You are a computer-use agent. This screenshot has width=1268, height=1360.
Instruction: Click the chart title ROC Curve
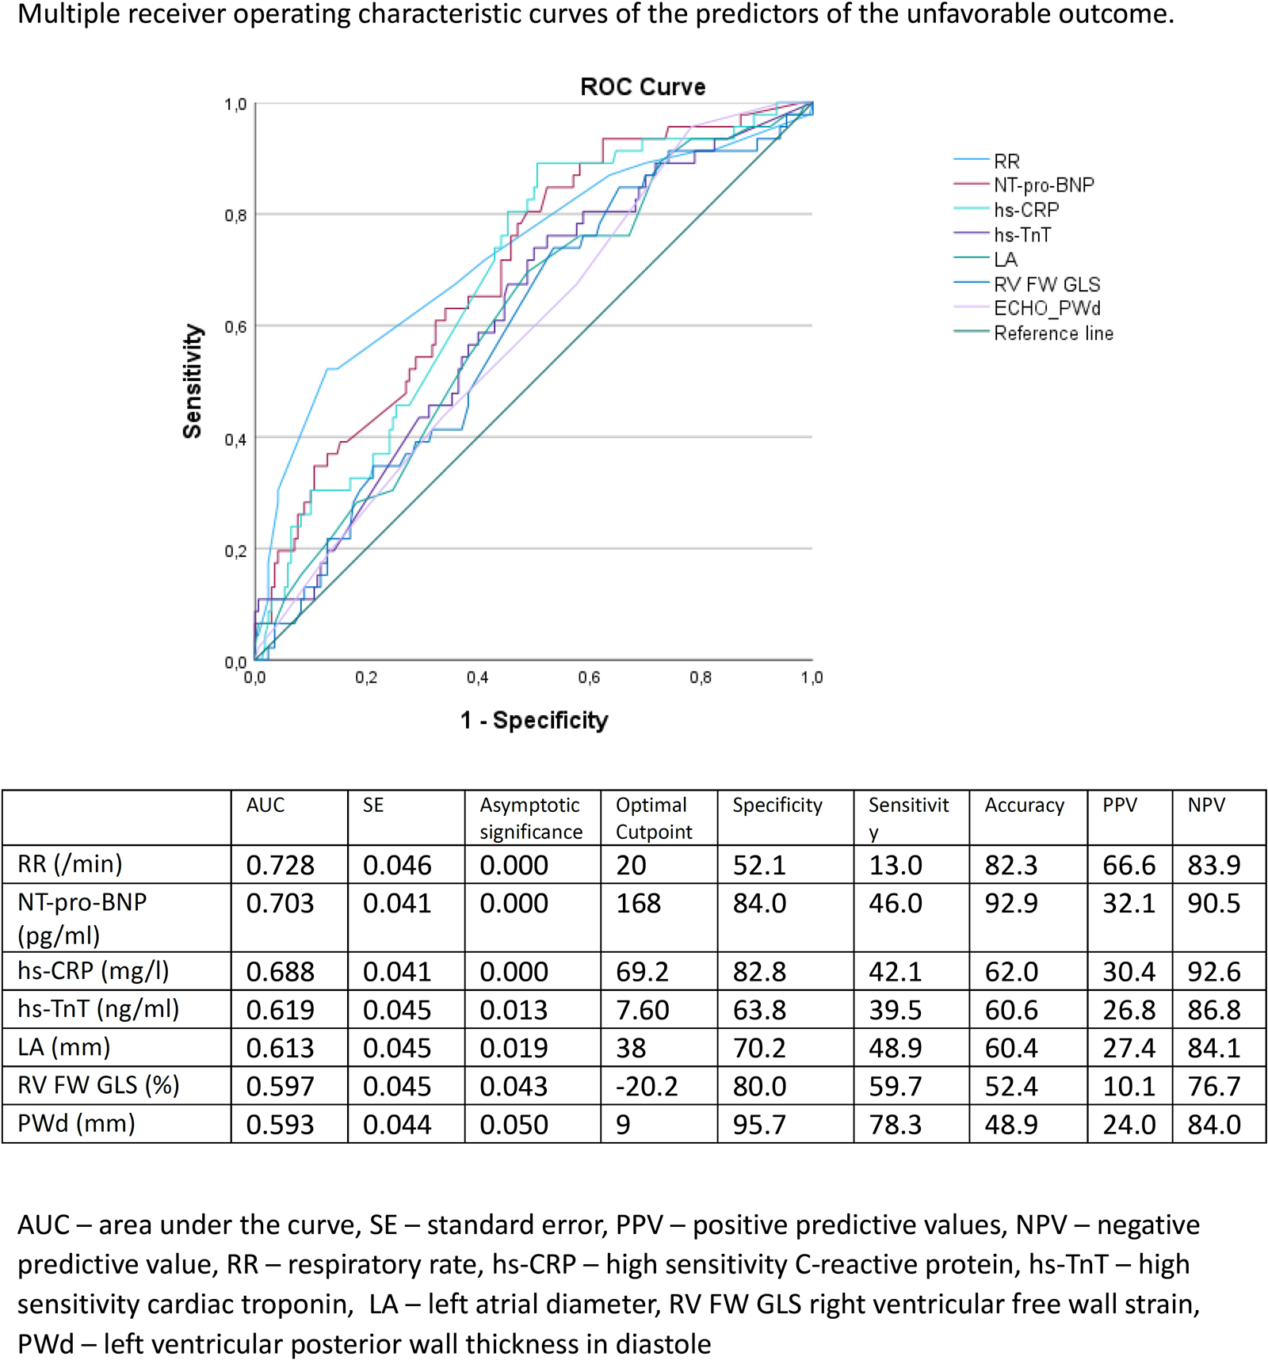[x=643, y=86]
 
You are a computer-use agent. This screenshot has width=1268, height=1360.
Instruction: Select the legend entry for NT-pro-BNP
[x=1043, y=185]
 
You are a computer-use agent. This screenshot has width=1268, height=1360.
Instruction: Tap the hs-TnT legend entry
[x=1022, y=235]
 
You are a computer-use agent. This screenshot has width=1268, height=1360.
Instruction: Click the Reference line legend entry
[x=1053, y=333]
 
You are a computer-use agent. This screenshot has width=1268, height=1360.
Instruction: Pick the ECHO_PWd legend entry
[x=1047, y=308]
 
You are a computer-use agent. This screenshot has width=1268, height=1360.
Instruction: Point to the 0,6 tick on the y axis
[x=235, y=327]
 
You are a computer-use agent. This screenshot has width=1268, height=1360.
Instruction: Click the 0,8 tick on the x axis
[x=701, y=678]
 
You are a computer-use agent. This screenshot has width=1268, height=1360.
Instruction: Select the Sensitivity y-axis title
[x=193, y=381]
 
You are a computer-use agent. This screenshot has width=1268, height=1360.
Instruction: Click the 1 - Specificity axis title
[x=534, y=720]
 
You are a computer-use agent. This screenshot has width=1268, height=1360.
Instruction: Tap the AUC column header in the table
[x=265, y=806]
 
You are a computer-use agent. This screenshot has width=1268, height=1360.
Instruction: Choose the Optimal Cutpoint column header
[x=654, y=818]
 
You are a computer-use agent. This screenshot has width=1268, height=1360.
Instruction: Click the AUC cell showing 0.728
[x=280, y=865]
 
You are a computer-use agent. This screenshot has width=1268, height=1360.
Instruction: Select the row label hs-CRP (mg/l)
[x=94, y=971]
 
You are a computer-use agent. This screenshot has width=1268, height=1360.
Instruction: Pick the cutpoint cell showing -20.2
[x=647, y=1086]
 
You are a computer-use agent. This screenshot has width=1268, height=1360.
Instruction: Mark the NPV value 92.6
[x=1213, y=972]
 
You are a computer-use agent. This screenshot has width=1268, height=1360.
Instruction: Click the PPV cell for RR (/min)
[x=1129, y=865]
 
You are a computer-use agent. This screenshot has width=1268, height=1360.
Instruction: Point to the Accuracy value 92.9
[x=1010, y=904]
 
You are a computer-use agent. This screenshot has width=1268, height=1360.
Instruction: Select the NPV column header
[x=1206, y=806]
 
